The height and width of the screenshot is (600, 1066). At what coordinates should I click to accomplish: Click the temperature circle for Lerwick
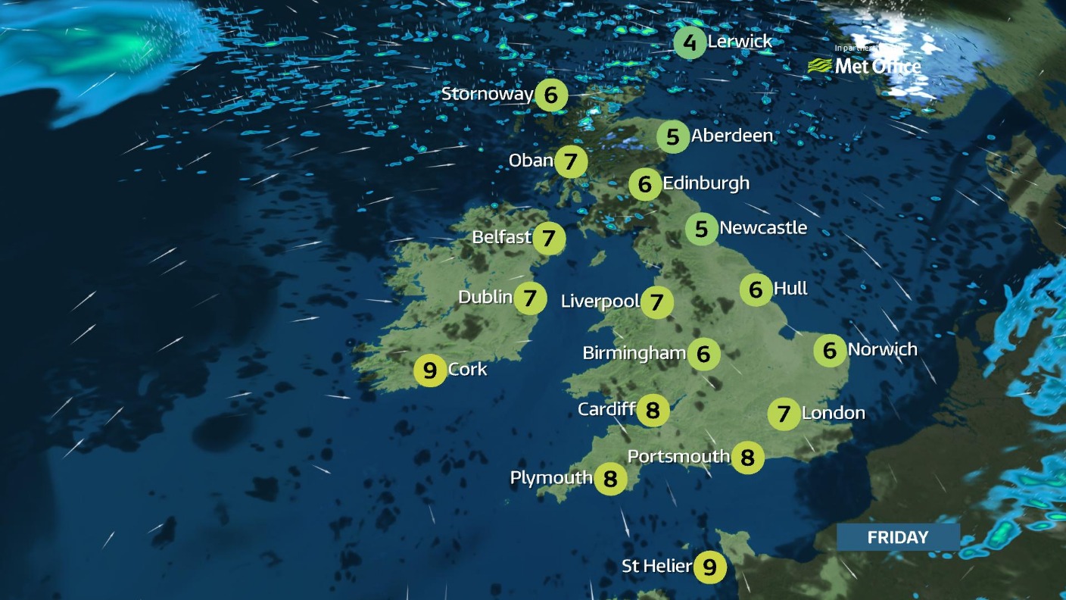click(690, 42)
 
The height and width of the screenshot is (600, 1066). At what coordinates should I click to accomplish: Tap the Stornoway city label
click(487, 94)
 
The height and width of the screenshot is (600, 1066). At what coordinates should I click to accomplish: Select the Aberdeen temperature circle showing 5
click(673, 137)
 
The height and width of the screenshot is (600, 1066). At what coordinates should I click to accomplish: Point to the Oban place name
click(531, 161)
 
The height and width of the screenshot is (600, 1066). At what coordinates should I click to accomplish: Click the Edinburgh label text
click(706, 183)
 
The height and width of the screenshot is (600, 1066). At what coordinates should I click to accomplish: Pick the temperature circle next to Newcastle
click(701, 228)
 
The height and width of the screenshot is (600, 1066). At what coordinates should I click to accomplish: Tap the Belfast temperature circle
click(549, 238)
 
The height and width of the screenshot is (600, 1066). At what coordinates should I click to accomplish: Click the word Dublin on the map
click(485, 297)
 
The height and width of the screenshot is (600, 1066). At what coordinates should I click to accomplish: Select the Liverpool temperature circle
click(657, 303)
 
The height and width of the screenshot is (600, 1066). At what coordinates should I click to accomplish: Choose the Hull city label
click(790, 289)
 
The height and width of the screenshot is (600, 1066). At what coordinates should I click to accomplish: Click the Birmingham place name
click(634, 353)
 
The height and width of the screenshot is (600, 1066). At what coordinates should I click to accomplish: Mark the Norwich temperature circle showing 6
click(830, 350)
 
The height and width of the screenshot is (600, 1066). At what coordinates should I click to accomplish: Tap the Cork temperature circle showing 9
click(430, 371)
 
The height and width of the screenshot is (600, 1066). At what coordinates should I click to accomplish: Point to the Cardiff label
click(606, 409)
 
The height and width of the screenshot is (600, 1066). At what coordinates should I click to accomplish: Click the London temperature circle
click(784, 414)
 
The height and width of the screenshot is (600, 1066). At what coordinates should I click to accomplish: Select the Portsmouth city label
click(678, 456)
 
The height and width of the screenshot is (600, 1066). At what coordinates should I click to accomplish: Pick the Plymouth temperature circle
click(610, 479)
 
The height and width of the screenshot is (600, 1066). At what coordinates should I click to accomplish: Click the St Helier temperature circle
click(709, 567)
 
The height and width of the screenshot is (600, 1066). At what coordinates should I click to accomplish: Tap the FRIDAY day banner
click(898, 537)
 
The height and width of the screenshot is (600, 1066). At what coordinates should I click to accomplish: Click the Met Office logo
click(865, 65)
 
